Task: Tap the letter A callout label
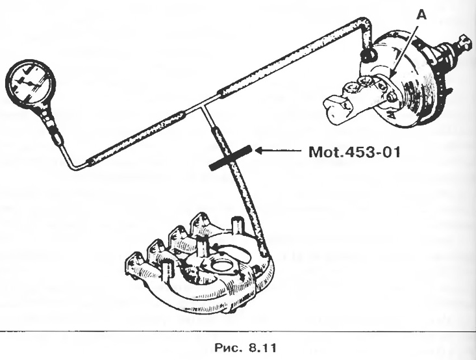pyautogui.click(x=421, y=14)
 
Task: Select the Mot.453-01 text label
pyautogui.click(x=355, y=152)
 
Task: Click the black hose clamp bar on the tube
pyautogui.click(x=231, y=158)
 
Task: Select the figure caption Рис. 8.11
pyautogui.click(x=245, y=348)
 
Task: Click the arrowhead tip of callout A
pyautogui.click(x=391, y=77)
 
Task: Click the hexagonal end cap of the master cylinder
pyautogui.click(x=334, y=107)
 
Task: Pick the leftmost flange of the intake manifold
pyautogui.click(x=133, y=265)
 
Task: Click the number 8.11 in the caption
pyautogui.click(x=262, y=348)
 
